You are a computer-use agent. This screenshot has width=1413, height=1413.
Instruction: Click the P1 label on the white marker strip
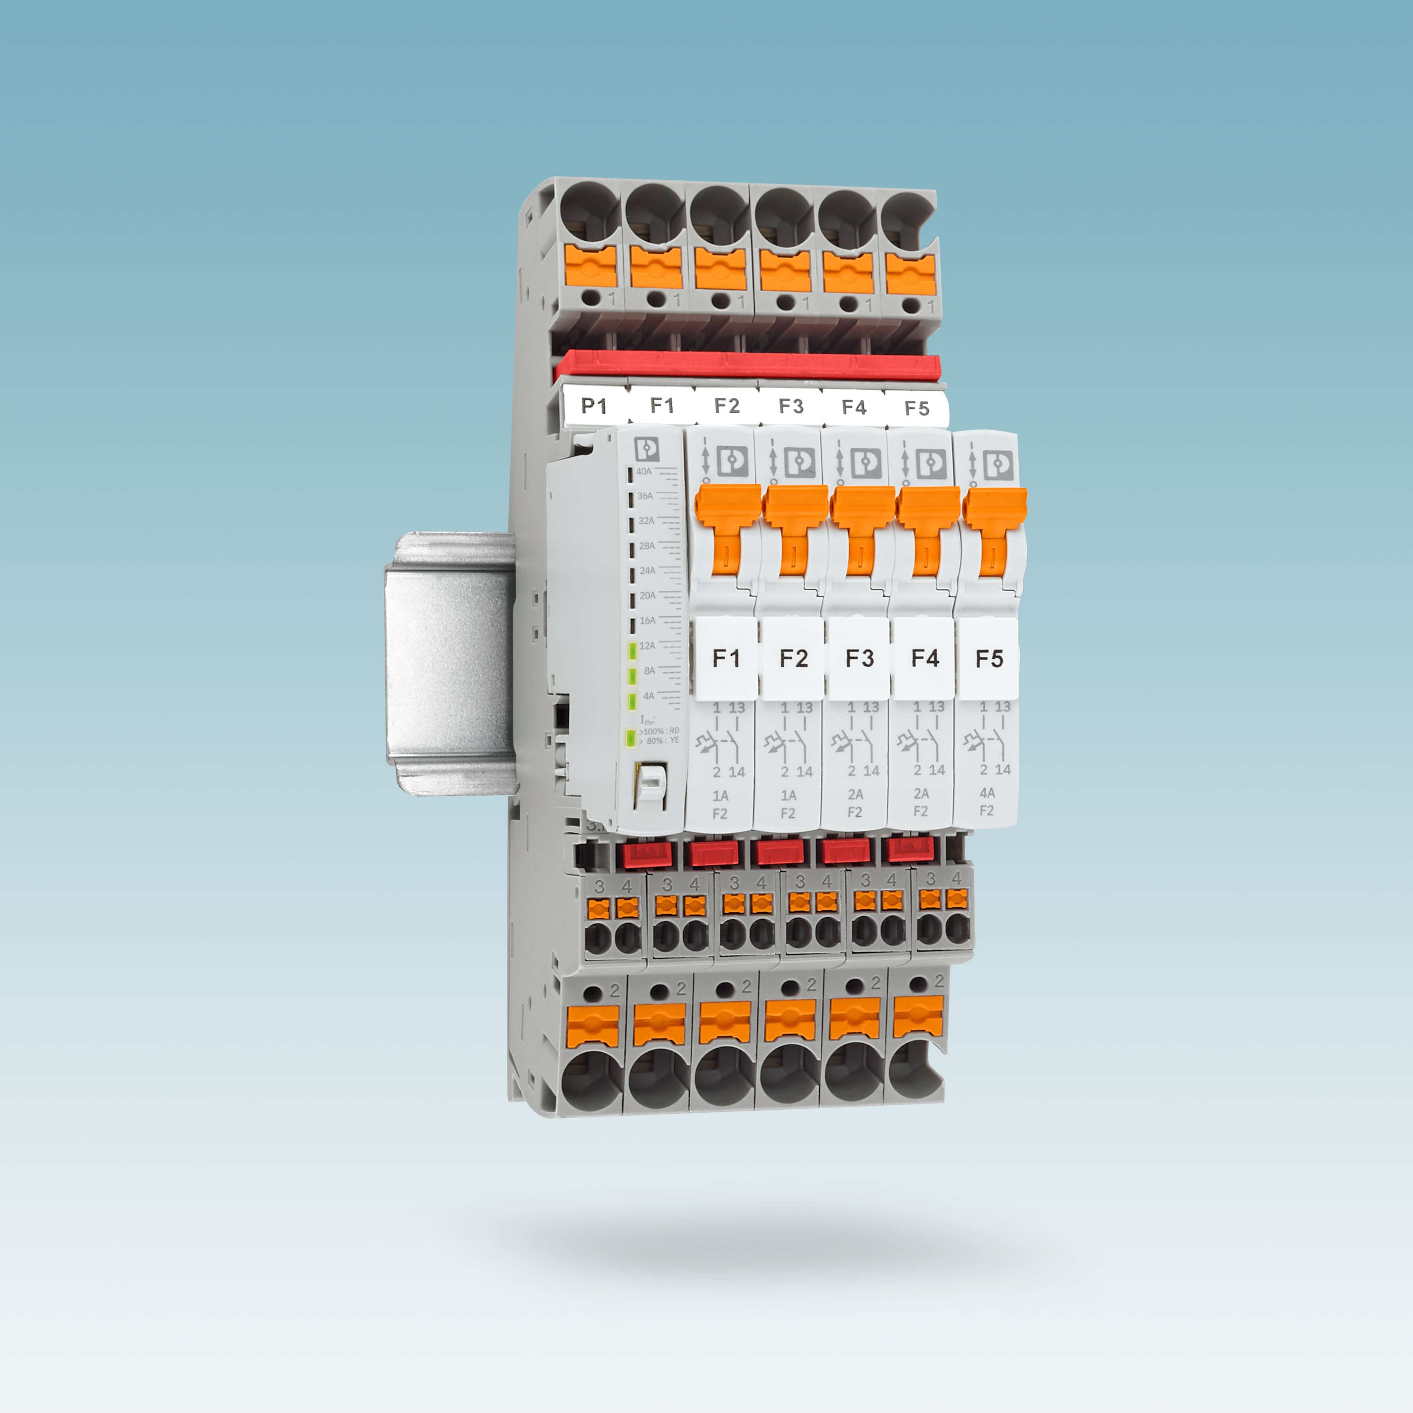tap(593, 406)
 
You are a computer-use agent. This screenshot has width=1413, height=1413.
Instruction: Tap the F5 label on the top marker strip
tap(916, 408)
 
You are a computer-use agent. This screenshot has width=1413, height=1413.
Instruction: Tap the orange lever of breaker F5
tap(993, 526)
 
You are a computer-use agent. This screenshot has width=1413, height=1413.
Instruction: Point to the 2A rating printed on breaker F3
tap(855, 794)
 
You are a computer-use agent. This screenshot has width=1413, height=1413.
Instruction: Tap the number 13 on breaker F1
tap(736, 708)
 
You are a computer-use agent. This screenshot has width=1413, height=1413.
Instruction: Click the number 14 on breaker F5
tap(1003, 770)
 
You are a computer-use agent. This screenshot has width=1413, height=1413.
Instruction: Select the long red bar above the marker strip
tap(746, 364)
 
